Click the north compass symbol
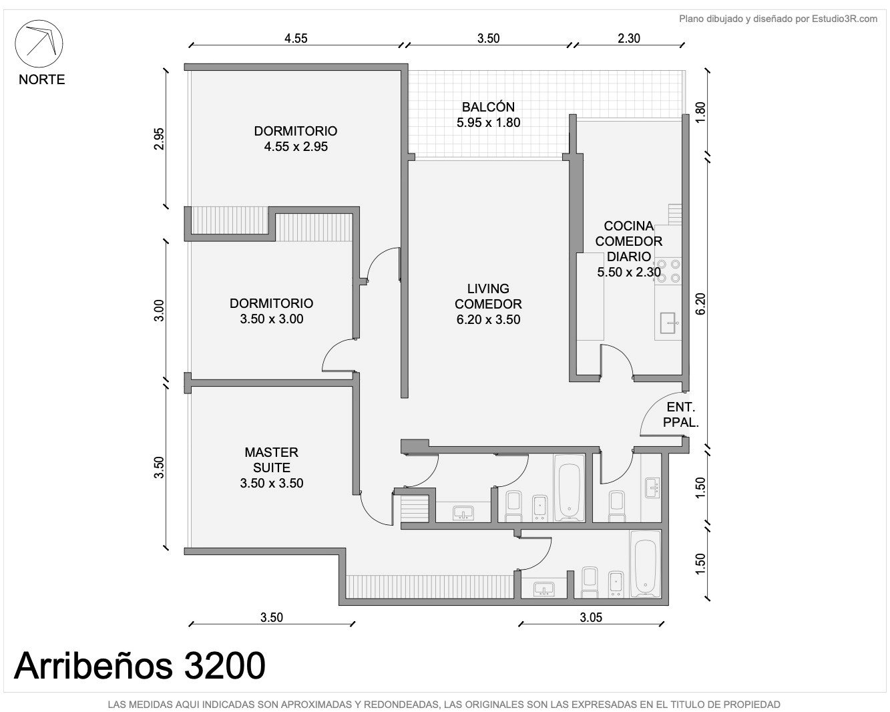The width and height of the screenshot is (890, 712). click(39, 43)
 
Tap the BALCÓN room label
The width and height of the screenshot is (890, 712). click(488, 107)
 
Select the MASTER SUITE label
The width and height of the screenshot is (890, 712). click(271, 460)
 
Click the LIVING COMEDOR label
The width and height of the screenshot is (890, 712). click(488, 296)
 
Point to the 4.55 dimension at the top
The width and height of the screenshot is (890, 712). click(296, 39)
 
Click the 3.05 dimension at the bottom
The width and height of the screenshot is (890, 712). click(591, 618)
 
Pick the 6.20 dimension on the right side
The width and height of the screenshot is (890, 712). click(700, 304)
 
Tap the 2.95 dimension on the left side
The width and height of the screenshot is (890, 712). click(159, 139)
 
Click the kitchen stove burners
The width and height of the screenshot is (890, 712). click(668, 271)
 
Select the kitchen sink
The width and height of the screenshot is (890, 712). click(668, 323)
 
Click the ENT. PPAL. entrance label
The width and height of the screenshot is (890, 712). click(681, 415)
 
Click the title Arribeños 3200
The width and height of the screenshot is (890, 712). click(140, 665)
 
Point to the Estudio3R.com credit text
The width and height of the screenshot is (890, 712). click(778, 19)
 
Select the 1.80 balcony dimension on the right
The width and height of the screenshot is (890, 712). click(700, 112)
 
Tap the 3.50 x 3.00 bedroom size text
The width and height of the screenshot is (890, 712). click(271, 319)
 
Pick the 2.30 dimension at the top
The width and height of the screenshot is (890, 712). click(629, 39)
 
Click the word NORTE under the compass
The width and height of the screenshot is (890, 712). click(42, 79)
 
